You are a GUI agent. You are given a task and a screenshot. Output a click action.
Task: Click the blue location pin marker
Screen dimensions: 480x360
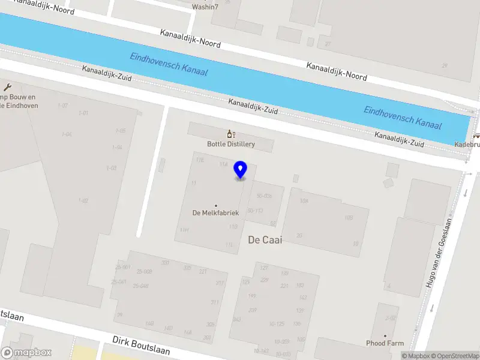(241, 170)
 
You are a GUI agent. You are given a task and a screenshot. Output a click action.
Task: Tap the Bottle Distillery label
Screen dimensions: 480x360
(231, 144)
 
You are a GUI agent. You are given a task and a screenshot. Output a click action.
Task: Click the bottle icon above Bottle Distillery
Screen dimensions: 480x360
(230, 134)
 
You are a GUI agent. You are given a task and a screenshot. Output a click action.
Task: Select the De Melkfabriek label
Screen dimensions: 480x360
(216, 213)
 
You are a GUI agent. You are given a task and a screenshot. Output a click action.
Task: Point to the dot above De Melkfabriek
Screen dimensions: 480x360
(216, 205)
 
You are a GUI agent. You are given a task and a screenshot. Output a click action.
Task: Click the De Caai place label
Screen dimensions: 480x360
(265, 239)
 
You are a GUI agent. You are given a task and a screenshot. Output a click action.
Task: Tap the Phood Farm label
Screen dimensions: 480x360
(385, 343)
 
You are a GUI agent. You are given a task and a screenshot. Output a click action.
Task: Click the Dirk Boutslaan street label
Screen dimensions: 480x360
(141, 345)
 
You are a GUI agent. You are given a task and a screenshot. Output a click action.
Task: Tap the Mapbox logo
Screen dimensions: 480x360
(26, 353)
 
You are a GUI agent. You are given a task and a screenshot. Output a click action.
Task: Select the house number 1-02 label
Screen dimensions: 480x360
(83, 200)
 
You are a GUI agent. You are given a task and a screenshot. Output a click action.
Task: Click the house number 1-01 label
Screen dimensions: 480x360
(83, 113)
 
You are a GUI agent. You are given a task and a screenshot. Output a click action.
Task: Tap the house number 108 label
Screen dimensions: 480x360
(304, 201)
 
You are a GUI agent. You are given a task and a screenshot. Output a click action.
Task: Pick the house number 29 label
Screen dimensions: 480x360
(445, 65)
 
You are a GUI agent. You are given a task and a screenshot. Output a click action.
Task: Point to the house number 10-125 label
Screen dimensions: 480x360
(276, 324)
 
